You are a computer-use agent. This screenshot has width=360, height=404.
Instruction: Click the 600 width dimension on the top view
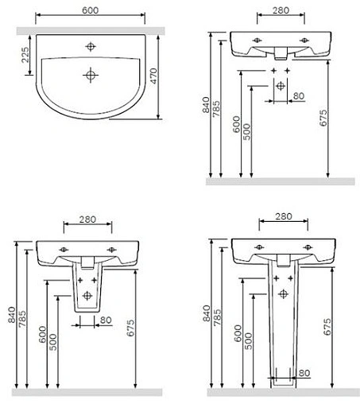coord(91,10)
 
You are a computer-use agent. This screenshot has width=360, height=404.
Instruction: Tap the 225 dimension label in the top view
coord(25,55)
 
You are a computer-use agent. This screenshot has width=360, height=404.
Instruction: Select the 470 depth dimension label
coord(153,76)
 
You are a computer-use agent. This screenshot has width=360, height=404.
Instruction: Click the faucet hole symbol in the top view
coord(91,47)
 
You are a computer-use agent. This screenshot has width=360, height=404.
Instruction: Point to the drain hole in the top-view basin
coord(91,76)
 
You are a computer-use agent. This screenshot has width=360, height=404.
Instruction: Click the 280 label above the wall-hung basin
coord(281,10)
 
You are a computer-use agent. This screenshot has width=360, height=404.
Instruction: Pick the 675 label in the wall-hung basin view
coord(323,118)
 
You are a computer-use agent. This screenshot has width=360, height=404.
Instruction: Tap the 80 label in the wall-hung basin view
coord(299,96)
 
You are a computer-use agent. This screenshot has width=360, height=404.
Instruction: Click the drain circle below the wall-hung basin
coord(281,86)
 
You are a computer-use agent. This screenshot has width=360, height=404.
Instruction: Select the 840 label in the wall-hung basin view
coord(206,105)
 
